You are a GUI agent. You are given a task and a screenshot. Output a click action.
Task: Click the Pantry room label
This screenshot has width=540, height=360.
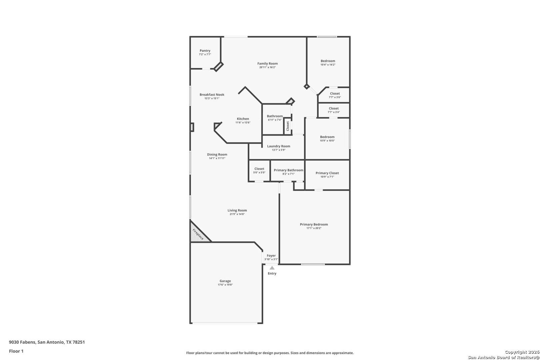tap(205, 51)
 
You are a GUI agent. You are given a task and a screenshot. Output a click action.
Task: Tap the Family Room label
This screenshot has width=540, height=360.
tap(267, 64)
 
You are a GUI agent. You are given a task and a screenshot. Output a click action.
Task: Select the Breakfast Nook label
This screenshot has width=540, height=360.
tap(212, 95)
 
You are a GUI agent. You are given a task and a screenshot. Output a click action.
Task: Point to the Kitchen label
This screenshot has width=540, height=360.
tap(243, 119)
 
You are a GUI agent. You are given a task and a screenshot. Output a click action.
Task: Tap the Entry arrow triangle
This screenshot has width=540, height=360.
tap(272, 268)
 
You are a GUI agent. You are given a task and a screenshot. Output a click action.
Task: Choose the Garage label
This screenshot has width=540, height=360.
tap(225, 281)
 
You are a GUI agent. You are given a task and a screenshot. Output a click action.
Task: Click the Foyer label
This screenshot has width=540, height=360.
tap(271, 256)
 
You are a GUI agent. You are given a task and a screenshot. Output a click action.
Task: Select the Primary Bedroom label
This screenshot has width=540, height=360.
tap(314, 224)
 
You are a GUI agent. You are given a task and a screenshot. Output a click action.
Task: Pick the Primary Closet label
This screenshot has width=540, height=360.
tap(327, 173)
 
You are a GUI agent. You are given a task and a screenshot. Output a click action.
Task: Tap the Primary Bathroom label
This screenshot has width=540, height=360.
tap(289, 170)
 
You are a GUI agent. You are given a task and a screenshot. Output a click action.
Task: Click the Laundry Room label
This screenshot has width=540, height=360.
tap(279, 146)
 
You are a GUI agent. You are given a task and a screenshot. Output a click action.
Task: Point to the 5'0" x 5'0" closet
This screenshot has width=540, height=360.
tap(259, 171)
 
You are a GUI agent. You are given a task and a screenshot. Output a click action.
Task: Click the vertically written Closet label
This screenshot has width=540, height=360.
tap(288, 126)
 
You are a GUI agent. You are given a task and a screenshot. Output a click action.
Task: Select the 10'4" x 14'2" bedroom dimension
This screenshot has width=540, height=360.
tap(328, 65)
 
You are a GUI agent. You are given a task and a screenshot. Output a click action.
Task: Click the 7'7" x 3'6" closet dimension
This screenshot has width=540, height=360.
tap(335, 97)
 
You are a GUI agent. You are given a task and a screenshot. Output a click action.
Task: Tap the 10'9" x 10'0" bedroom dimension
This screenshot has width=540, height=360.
tap(327, 141)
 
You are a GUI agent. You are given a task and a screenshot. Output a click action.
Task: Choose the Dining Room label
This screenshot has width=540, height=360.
tap(217, 155)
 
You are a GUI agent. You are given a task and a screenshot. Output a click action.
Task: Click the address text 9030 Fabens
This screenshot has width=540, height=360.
tap(23, 342)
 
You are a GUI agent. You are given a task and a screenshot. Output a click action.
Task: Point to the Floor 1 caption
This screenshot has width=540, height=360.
tap(16, 351)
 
